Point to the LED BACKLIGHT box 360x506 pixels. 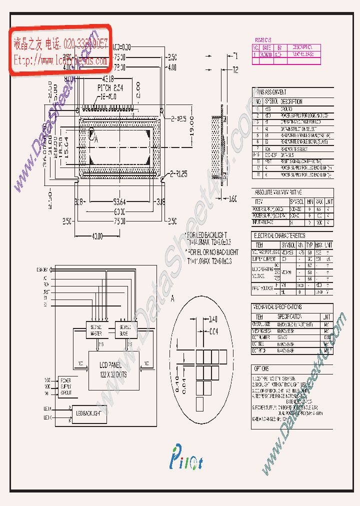tap(89, 413)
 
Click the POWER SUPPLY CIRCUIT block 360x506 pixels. tap(66, 386)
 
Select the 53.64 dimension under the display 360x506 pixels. tap(118, 202)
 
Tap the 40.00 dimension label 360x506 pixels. tap(97, 235)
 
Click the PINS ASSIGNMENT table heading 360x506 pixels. tap(270, 92)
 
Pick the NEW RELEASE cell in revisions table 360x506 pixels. tap(303, 54)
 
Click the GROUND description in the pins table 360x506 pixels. tap(287, 108)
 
